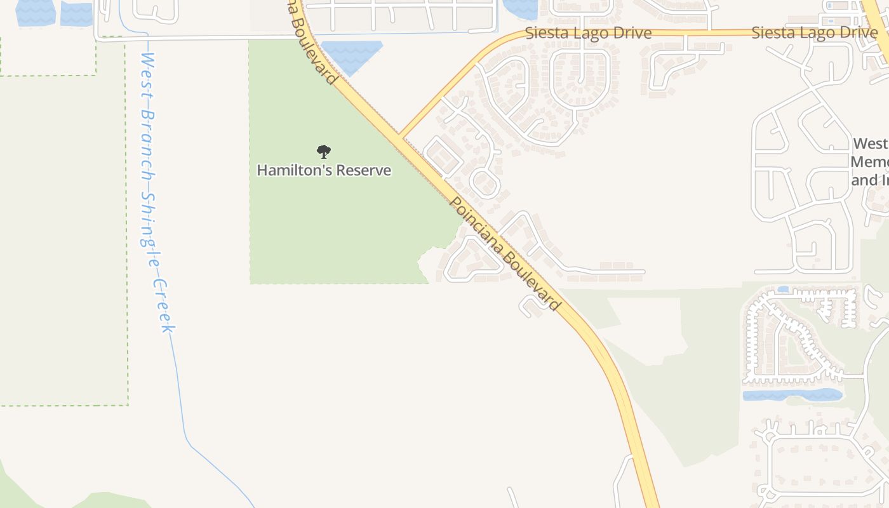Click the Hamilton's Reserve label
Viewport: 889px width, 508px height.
click(324, 170)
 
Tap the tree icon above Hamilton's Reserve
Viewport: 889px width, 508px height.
click(324, 151)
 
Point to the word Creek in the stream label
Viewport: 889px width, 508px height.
click(163, 305)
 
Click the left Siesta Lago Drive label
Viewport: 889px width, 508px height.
click(588, 33)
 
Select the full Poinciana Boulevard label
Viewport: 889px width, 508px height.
click(505, 254)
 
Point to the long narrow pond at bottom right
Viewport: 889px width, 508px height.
click(792, 396)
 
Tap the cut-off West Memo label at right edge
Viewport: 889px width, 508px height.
click(870, 162)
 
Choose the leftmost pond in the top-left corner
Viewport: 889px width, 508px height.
click(36, 13)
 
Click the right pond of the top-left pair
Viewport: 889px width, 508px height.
click(76, 14)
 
